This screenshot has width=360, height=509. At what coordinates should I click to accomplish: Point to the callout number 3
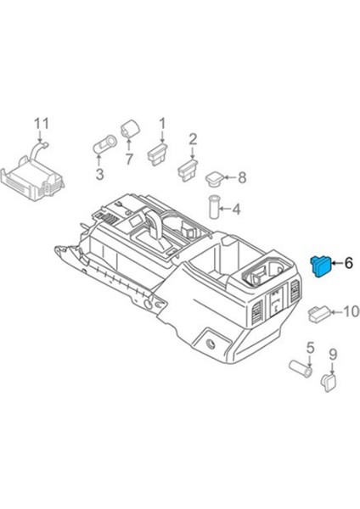(x=98, y=175)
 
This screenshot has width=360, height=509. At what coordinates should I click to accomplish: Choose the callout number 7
(x=129, y=159)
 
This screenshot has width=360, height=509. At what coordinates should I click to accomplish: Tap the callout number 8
(x=241, y=177)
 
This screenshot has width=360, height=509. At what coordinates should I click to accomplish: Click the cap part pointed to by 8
(x=216, y=177)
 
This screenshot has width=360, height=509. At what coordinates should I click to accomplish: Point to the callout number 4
(x=236, y=208)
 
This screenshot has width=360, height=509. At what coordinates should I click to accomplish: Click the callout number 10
(x=350, y=312)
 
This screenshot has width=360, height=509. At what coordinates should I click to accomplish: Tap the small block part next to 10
(x=319, y=312)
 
